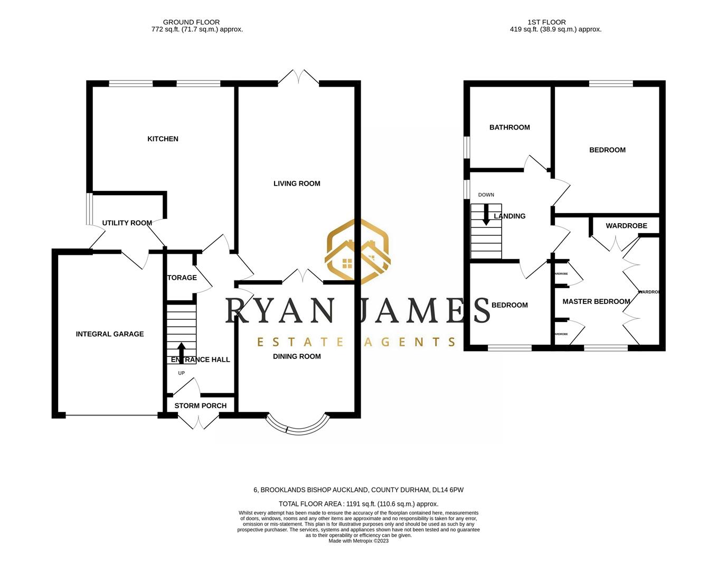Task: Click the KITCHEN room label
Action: click(x=163, y=139)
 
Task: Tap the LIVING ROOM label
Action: click(x=297, y=183)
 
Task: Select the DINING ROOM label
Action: click(x=297, y=356)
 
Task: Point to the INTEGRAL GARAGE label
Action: click(x=110, y=334)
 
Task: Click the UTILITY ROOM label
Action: click(x=127, y=223)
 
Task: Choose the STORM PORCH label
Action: click(x=200, y=406)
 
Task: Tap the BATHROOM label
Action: click(x=510, y=127)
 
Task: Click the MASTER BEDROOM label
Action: click(x=596, y=301)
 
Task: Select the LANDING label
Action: click(x=510, y=216)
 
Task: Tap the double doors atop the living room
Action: click(x=299, y=78)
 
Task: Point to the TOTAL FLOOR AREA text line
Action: click(x=358, y=504)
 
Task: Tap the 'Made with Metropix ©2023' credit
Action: click(x=358, y=541)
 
